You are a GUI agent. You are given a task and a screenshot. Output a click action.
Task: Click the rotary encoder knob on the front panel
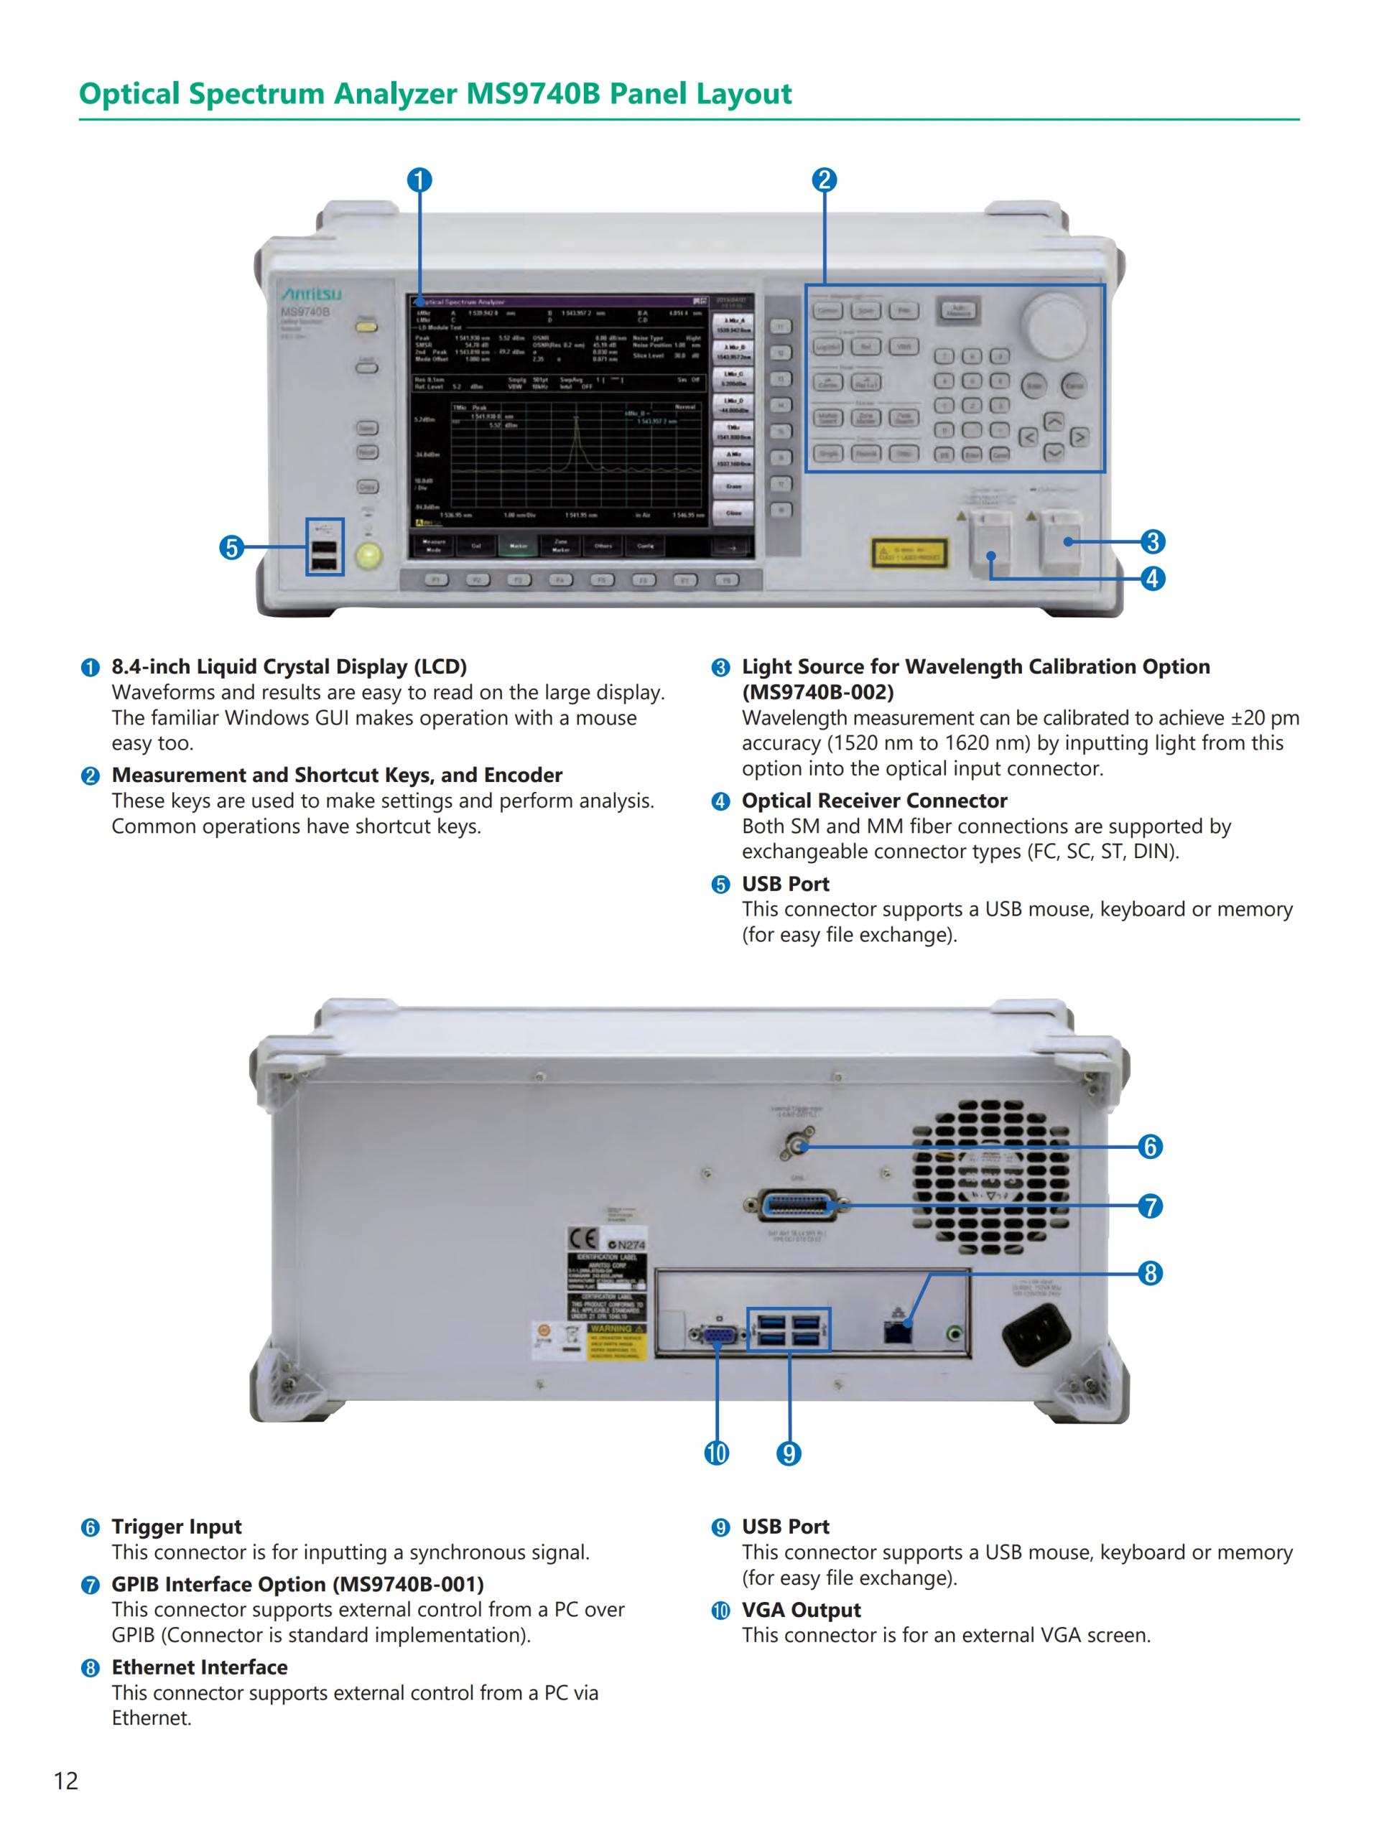pyautogui.click(x=1054, y=325)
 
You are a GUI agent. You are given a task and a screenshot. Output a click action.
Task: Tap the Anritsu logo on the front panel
pyautogui.click(x=311, y=294)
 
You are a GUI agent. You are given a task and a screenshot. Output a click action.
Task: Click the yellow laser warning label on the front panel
pyautogui.click(x=909, y=552)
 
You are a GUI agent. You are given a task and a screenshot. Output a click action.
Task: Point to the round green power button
pyautogui.click(x=369, y=556)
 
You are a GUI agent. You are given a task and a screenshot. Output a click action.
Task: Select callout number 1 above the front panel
pyautogui.click(x=419, y=180)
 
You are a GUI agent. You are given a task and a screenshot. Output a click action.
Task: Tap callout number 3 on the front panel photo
pyautogui.click(x=1152, y=542)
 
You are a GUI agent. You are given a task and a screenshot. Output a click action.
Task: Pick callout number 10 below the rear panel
pyautogui.click(x=717, y=1453)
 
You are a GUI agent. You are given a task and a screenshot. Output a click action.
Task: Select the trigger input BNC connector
pyautogui.click(x=797, y=1147)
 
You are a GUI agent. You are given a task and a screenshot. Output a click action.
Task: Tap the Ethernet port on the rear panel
pyautogui.click(x=897, y=1331)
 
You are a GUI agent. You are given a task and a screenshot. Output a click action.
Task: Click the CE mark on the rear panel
pyautogui.click(x=582, y=1239)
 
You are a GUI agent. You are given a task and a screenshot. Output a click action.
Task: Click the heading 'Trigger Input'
pyautogui.click(x=176, y=1527)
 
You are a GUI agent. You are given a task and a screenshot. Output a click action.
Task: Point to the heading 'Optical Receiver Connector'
pyautogui.click(x=874, y=801)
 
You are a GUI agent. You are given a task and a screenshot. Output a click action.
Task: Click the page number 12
pyautogui.click(x=66, y=1781)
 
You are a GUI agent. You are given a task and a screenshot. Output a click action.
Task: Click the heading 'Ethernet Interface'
pyautogui.click(x=200, y=1667)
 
